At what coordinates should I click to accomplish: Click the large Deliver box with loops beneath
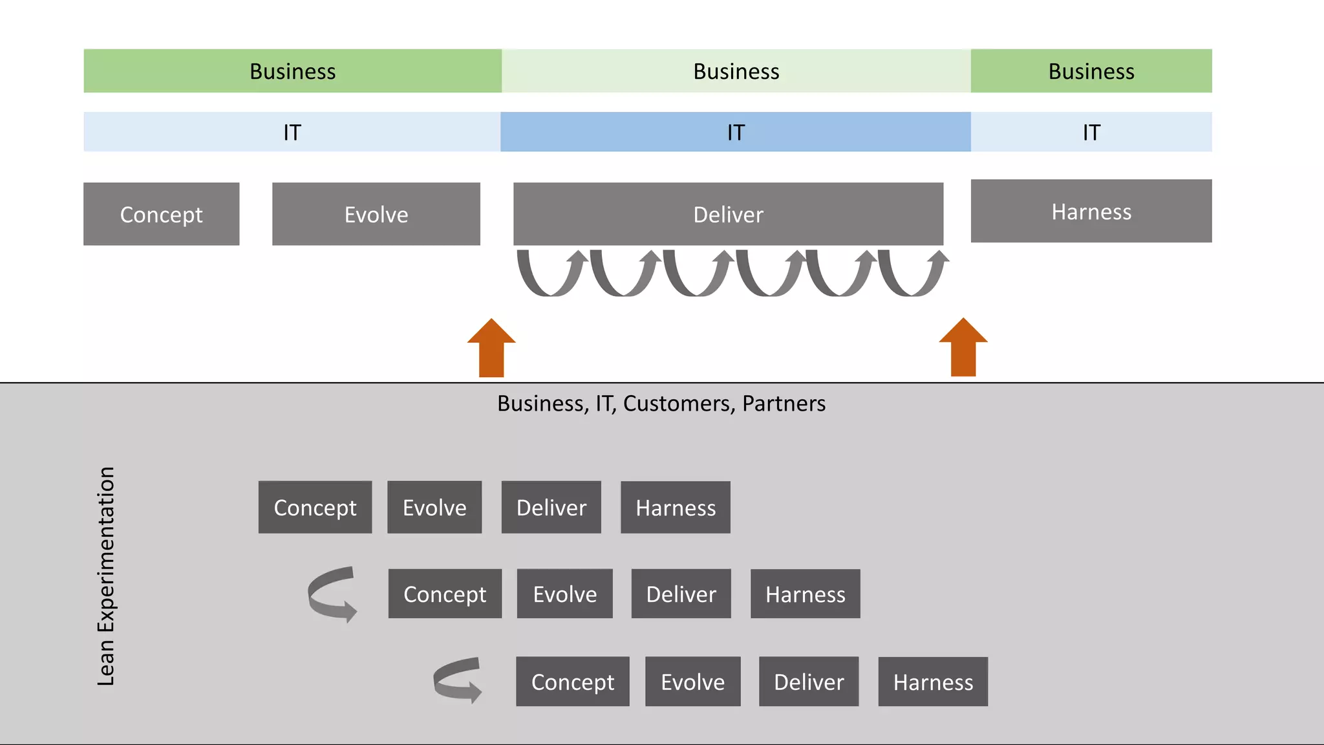(x=728, y=214)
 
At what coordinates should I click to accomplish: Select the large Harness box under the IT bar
(x=1091, y=211)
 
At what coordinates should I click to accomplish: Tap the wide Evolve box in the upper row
(x=376, y=214)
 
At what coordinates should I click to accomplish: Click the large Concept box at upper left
(x=161, y=214)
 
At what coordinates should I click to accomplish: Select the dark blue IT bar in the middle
(x=735, y=132)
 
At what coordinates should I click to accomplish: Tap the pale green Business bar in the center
(x=736, y=71)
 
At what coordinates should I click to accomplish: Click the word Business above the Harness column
(x=1091, y=71)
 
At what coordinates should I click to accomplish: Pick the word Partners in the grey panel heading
(x=784, y=404)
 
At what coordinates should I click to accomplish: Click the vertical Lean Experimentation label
(x=106, y=576)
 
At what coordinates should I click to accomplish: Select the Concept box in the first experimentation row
(x=315, y=508)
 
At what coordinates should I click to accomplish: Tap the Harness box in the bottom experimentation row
(x=932, y=682)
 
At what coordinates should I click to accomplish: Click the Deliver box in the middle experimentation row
(x=681, y=594)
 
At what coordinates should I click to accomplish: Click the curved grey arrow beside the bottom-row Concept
(x=456, y=680)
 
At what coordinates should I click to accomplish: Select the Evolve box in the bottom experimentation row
(x=692, y=682)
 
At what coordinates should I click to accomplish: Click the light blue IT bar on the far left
(x=292, y=132)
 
